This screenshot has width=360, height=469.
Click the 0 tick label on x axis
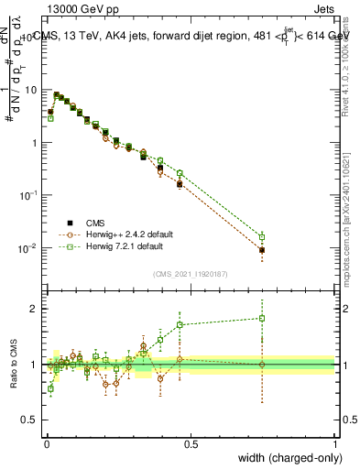[x=47, y=442]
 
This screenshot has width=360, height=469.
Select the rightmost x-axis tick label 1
[x=334, y=442]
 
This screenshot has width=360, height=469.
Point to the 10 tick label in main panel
[x=30, y=90]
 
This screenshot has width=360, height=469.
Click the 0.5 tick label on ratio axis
[x=30, y=420]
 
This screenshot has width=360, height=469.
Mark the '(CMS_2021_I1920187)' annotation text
[x=191, y=273]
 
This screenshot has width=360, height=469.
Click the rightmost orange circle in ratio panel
[x=262, y=365]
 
